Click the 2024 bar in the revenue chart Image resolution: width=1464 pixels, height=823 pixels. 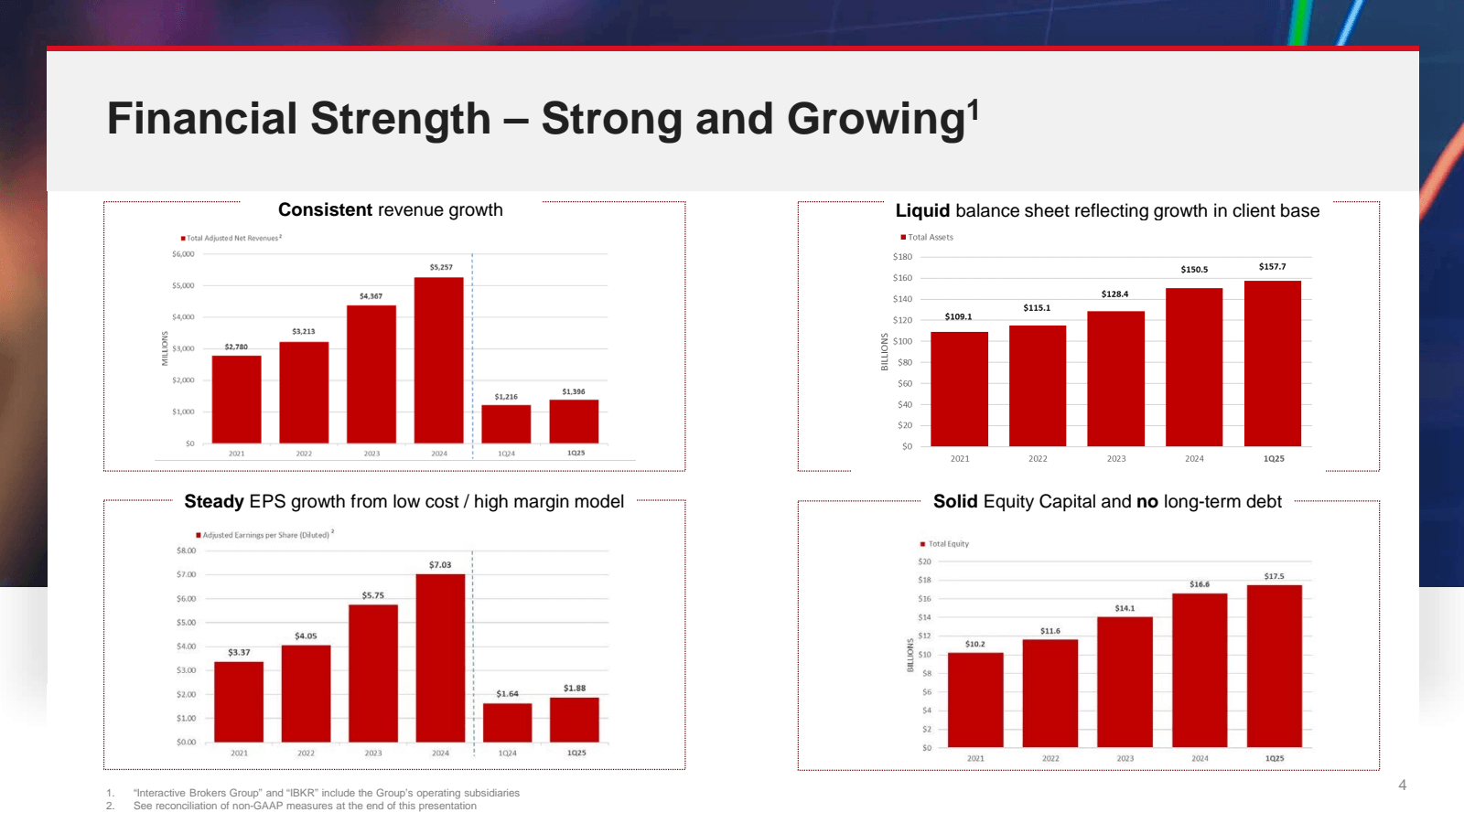438,360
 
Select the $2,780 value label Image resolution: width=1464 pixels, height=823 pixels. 236,347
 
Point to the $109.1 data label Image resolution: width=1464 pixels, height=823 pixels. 958,316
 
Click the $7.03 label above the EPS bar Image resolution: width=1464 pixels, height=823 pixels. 440,565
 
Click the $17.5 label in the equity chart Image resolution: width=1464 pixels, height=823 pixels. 1274,576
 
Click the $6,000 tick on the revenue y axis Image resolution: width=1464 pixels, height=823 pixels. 183,254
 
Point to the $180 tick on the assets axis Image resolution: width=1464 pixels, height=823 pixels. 902,257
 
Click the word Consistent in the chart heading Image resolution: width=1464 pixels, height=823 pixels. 325,210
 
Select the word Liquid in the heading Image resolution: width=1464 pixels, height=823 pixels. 922,211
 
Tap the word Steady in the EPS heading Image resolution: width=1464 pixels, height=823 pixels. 214,501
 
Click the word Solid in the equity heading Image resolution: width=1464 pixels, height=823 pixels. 955,501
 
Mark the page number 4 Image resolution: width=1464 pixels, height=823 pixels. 1402,785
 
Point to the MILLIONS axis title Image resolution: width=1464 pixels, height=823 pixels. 166,348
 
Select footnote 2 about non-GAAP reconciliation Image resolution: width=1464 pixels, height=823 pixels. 304,806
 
